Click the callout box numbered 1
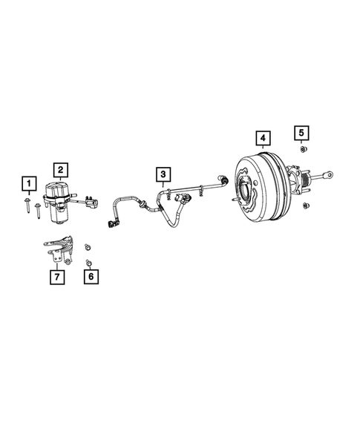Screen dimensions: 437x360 (x=28, y=183)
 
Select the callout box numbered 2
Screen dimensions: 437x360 (x=60, y=170)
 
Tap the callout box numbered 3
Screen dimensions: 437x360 (x=163, y=175)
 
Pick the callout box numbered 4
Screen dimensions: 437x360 (x=262, y=138)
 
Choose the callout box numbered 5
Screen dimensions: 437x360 (x=301, y=133)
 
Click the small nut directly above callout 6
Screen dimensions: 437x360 (x=89, y=262)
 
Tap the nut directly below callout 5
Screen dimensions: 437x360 (x=301, y=150)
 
